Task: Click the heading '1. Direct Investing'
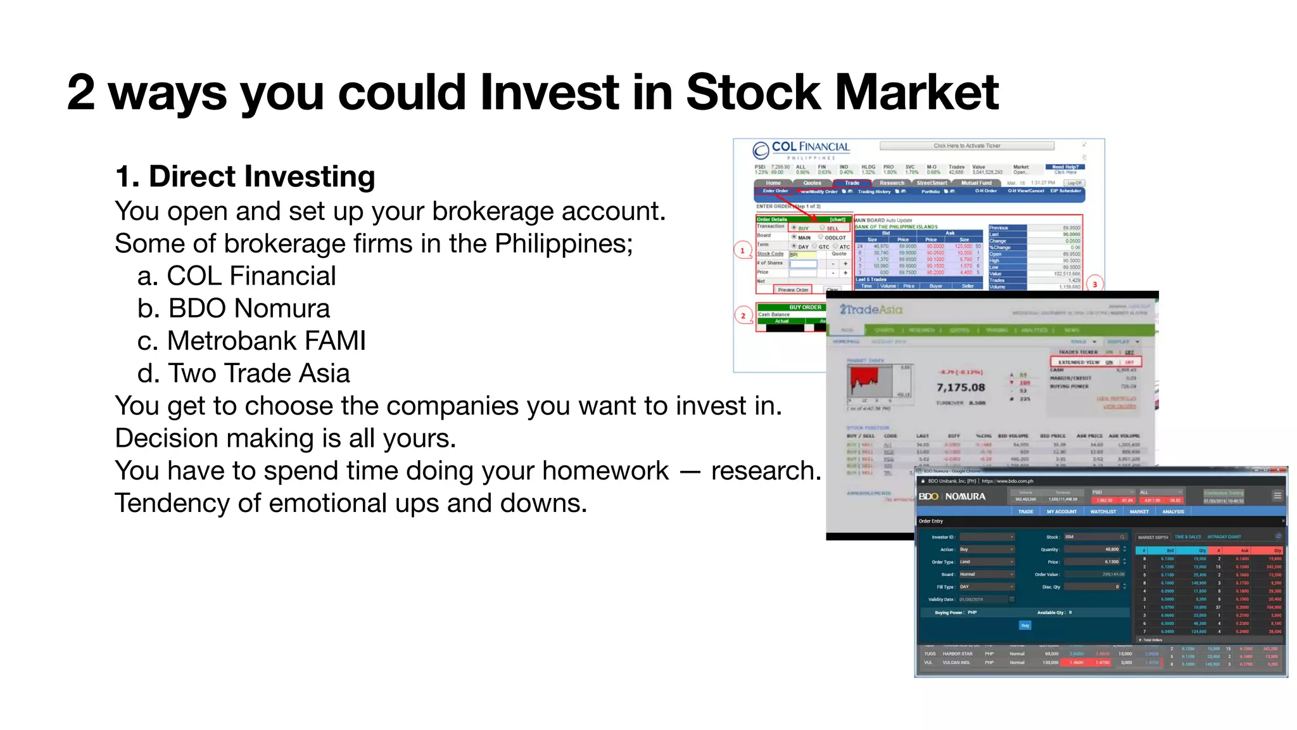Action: [245, 176]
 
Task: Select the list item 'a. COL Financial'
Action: [236, 276]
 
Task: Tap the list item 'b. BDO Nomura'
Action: [233, 309]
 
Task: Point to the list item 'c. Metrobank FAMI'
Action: [251, 341]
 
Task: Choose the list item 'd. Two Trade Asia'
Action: [243, 373]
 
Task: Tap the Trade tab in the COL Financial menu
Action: [852, 183]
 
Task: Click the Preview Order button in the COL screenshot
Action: [793, 290]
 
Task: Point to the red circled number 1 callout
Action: [743, 251]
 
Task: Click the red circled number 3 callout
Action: [1094, 285]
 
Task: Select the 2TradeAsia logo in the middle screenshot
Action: [871, 310]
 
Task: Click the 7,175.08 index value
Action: [961, 387]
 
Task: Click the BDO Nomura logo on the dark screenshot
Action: [952, 496]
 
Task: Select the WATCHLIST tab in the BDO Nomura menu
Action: [1103, 511]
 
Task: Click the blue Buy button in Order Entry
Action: [1025, 625]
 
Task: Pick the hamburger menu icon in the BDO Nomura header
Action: [1277, 496]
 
